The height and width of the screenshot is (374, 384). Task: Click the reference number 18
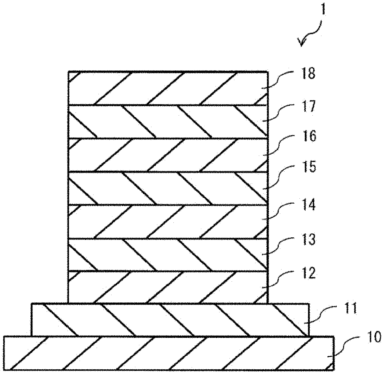coord(306,75)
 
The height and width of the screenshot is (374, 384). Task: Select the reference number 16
coord(306,136)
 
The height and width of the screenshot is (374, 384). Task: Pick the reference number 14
coord(306,205)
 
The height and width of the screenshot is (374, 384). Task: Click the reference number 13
coord(306,240)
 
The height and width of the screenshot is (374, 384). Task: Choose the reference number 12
coord(306,273)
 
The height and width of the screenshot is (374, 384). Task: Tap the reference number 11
coord(342,309)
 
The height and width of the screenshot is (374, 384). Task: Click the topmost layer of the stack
coord(167,88)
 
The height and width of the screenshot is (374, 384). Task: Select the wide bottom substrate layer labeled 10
coord(169,353)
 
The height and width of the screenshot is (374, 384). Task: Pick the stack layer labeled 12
coord(167,287)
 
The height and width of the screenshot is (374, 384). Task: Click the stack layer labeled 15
coord(167,188)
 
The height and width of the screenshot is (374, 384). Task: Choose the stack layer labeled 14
coord(167,222)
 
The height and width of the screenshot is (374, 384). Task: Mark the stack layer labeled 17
coord(167,121)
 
